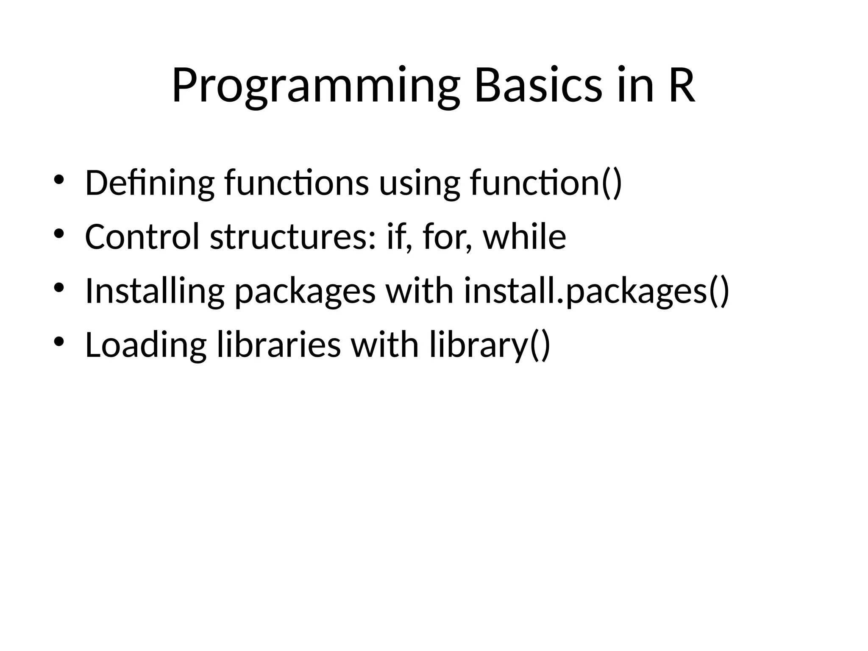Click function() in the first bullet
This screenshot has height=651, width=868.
[546, 183]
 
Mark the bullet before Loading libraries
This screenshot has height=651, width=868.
[59, 341]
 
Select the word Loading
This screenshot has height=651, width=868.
[145, 345]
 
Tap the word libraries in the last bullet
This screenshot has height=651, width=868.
[278, 345]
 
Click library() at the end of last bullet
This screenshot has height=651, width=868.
[490, 345]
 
